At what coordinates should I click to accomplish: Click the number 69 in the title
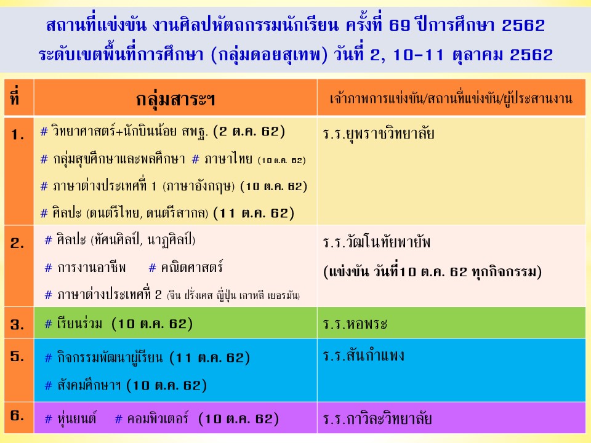pyautogui.click(x=399, y=26)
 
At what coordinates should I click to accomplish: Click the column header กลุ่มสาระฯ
pyautogui.click(x=175, y=100)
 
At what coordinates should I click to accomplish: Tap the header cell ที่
pyautogui.click(x=15, y=96)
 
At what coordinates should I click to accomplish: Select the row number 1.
pyautogui.click(x=17, y=135)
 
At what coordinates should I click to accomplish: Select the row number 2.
pyautogui.click(x=17, y=244)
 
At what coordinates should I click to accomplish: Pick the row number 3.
pyautogui.click(x=17, y=324)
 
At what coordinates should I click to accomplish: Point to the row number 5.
pyautogui.click(x=17, y=356)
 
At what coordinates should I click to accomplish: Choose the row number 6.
pyautogui.click(x=17, y=415)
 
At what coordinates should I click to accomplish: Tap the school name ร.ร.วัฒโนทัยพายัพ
pyautogui.click(x=376, y=242)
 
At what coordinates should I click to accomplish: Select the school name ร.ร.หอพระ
pyautogui.click(x=355, y=324)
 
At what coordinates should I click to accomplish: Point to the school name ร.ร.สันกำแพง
pyautogui.click(x=363, y=355)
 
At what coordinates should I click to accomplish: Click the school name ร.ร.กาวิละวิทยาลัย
pyautogui.click(x=377, y=418)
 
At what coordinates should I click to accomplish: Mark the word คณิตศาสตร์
pyautogui.click(x=191, y=268)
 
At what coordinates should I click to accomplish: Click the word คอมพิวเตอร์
pyautogui.click(x=158, y=419)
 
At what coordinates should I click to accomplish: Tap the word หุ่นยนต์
pyautogui.click(x=76, y=419)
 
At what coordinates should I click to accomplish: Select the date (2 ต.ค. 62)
pyautogui.click(x=249, y=132)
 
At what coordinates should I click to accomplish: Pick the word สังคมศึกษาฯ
pyautogui.click(x=89, y=386)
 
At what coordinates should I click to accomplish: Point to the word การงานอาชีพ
pyautogui.click(x=91, y=268)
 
